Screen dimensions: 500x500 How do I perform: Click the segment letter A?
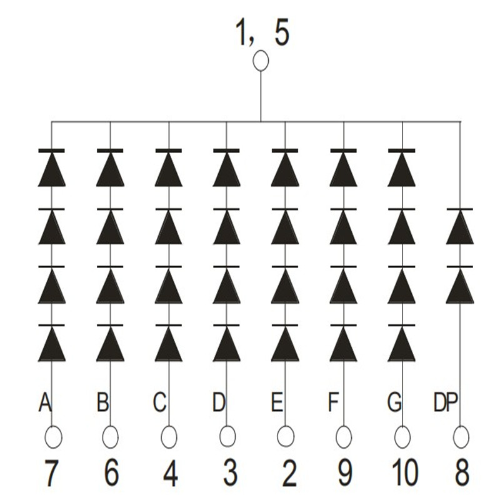pos(44,403)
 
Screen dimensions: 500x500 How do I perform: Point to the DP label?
pos(446,403)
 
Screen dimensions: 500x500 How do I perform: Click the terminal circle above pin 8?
pos(461,436)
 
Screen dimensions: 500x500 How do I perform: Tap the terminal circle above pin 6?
pos(111,436)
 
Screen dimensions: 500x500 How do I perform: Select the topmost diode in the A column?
pos(52,169)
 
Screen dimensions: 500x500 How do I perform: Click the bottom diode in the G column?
pos(402,344)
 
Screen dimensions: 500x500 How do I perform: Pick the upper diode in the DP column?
pos(460,227)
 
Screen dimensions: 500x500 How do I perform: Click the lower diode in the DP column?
pos(460,285)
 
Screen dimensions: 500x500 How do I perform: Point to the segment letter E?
pos(276,403)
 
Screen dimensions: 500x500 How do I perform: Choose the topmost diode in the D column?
pos(227,169)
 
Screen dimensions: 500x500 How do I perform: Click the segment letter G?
pos(394,403)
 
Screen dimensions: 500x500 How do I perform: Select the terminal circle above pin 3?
pos(227,436)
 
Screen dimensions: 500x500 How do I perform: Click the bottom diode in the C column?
pos(169,344)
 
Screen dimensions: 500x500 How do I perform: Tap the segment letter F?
pos(334,403)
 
